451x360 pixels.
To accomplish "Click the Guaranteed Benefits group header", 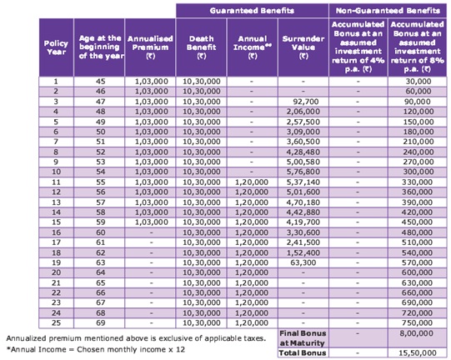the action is (x=252, y=11).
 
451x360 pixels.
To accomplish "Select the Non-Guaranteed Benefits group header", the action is (x=388, y=11).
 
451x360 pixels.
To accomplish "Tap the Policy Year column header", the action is (x=56, y=47).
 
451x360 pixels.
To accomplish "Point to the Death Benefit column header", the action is (x=201, y=47).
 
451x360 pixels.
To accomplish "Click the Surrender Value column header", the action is (x=303, y=47).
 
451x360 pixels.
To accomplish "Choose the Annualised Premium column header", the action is (x=150, y=47).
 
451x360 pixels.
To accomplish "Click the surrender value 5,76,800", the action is (x=303, y=172).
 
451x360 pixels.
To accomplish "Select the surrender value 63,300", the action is (x=303, y=262).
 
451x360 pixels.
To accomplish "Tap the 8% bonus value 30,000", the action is (x=418, y=82).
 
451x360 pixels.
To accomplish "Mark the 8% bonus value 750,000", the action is (x=417, y=322).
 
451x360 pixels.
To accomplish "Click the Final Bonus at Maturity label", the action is (x=303, y=338).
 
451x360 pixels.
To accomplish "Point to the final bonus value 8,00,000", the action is (x=416, y=333).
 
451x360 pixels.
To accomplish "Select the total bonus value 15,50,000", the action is (x=418, y=352).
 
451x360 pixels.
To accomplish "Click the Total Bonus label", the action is (x=303, y=352).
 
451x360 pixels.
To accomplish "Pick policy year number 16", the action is (x=56, y=232).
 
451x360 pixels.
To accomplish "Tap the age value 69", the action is (x=100, y=322).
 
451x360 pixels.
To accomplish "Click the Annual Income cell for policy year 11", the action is (x=252, y=182).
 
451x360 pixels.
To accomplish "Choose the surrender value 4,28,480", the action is (x=303, y=152).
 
